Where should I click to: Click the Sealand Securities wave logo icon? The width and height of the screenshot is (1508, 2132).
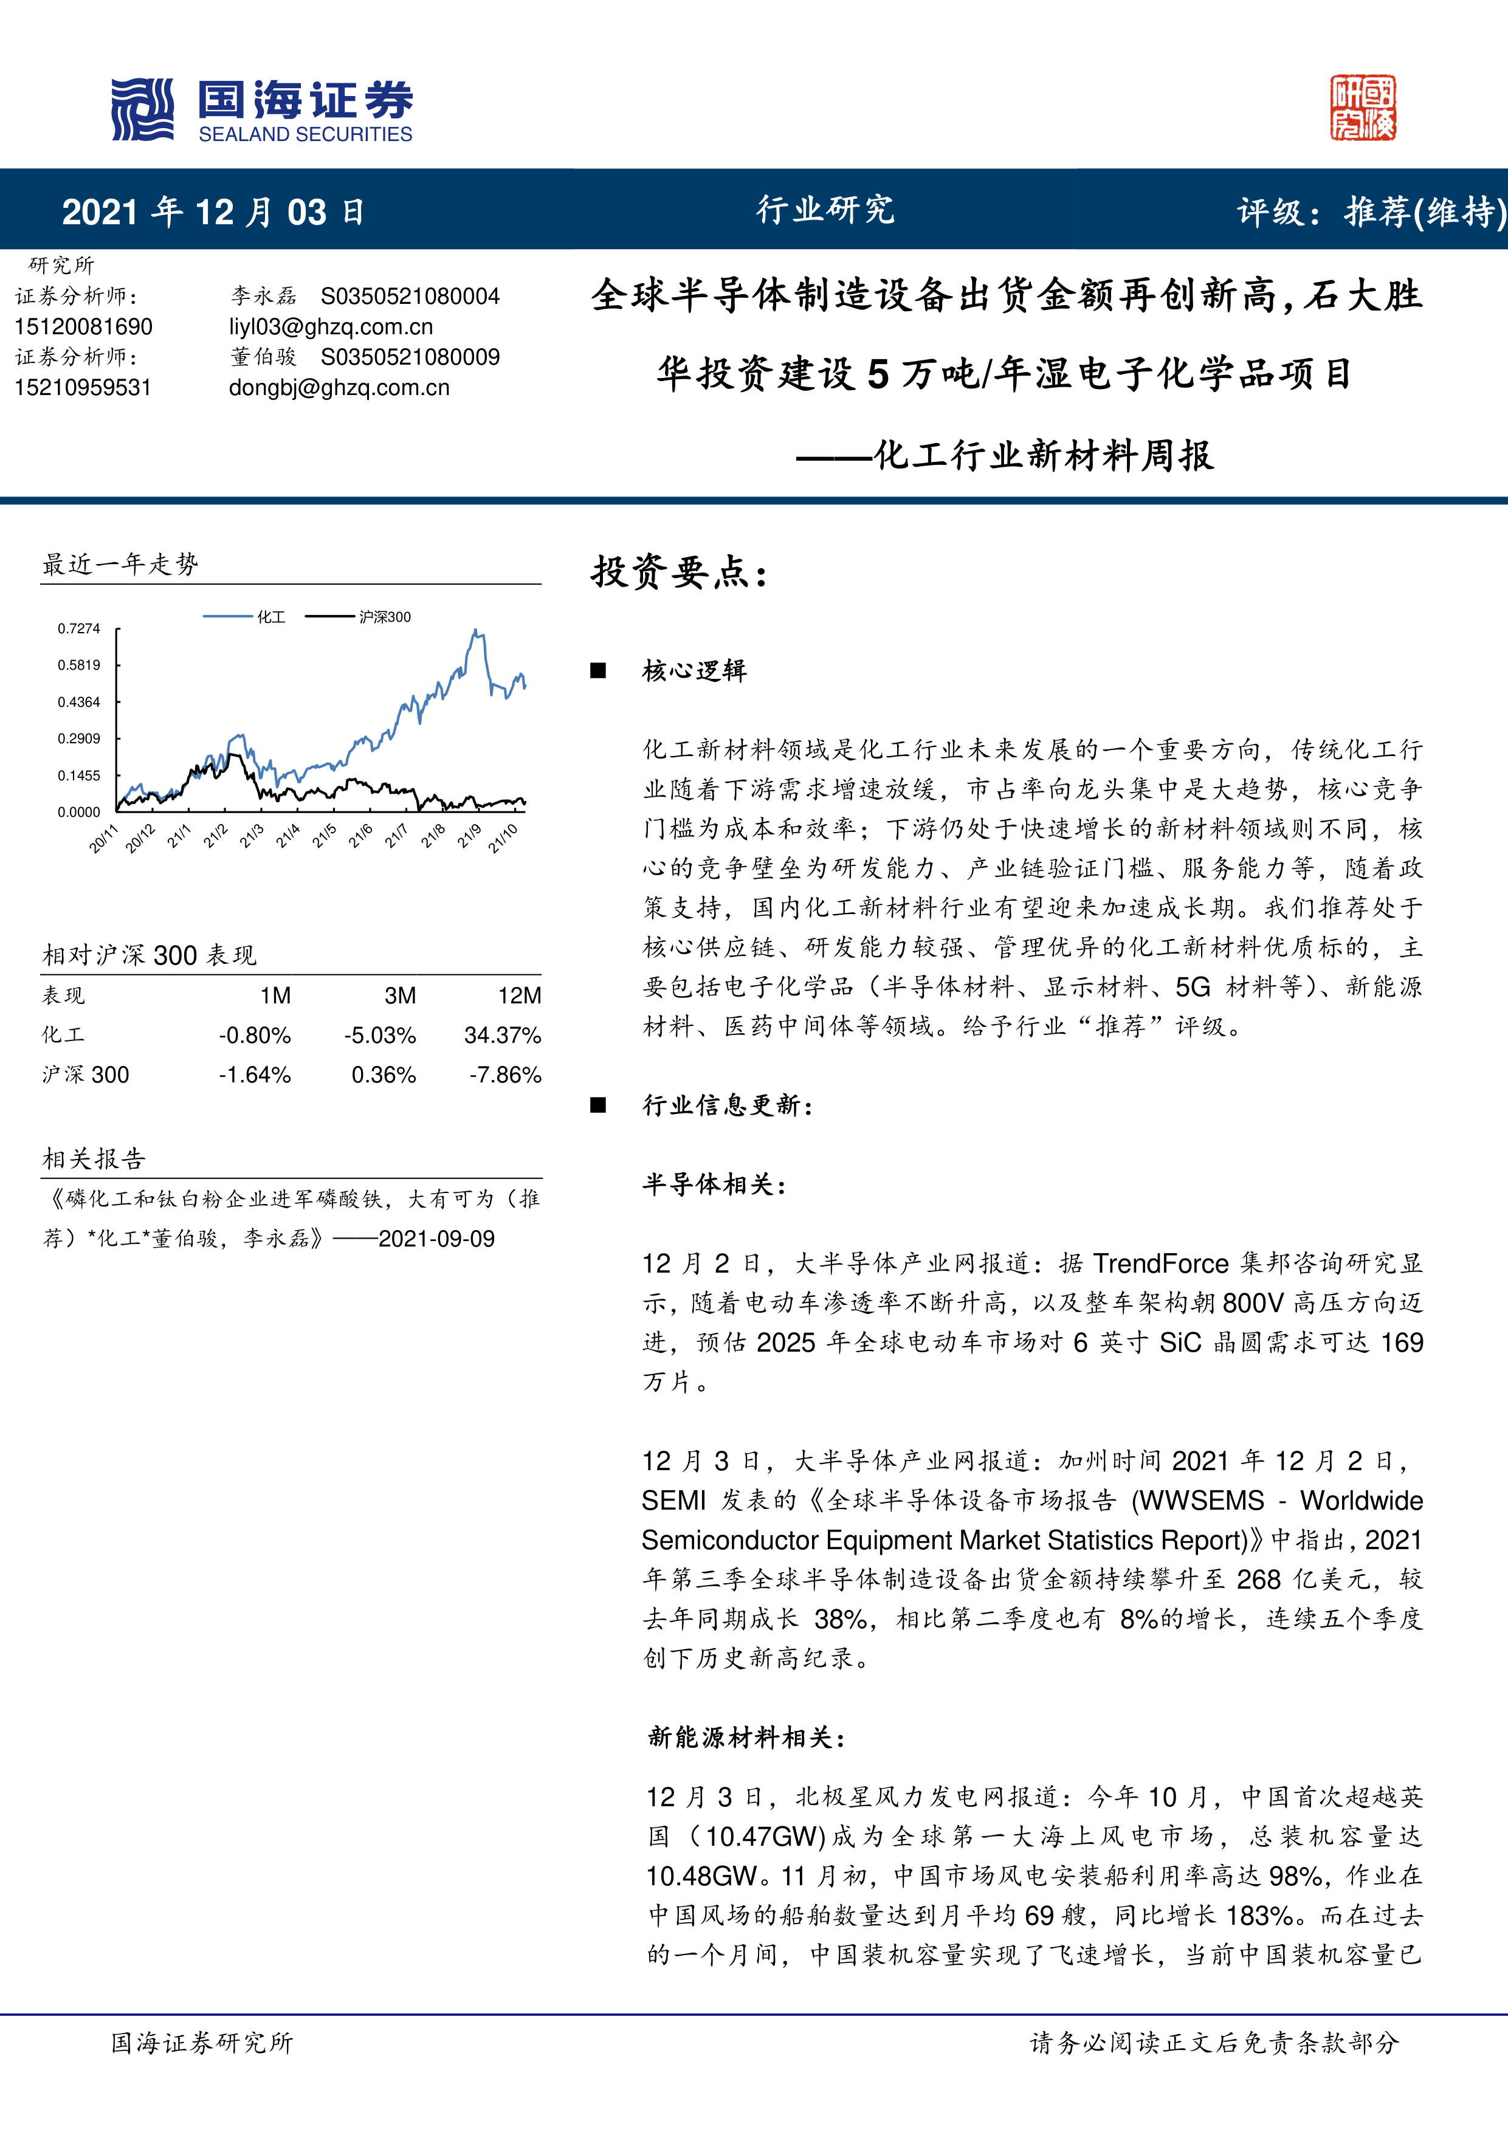tap(142, 109)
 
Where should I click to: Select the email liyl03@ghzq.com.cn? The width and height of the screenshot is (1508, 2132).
tap(331, 327)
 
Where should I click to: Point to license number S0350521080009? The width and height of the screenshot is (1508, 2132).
tap(410, 357)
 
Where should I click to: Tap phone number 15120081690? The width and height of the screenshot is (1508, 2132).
tap(83, 327)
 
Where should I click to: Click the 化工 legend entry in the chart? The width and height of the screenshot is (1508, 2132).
tap(270, 617)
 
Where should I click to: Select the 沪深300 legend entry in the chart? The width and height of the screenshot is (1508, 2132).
tap(384, 617)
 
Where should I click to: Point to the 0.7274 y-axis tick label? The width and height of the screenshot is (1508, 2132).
tap(79, 628)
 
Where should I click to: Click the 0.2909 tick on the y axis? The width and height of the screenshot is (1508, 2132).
tap(79, 739)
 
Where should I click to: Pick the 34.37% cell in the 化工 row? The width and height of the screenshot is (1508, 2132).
tap(502, 1036)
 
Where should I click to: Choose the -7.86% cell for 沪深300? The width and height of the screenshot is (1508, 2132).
tap(505, 1075)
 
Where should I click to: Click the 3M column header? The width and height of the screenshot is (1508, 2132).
tap(400, 996)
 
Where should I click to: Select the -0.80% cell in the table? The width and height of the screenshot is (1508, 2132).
tap(255, 1036)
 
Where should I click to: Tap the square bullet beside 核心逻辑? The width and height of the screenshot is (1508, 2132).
tap(598, 670)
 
